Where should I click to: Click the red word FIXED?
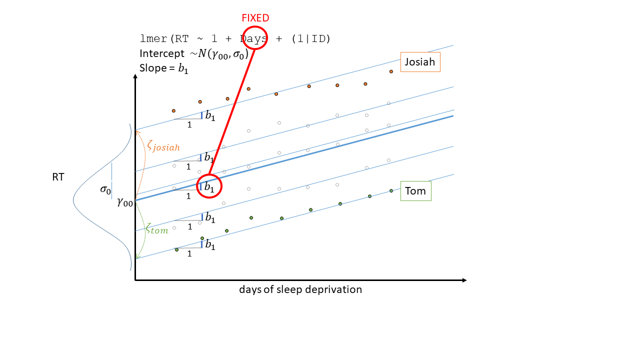255,18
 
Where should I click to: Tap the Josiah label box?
420,62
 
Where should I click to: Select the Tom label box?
415,191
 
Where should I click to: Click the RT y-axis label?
58,177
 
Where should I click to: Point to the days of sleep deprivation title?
300,289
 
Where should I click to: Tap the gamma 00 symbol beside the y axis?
125,202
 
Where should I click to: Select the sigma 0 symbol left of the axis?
105,189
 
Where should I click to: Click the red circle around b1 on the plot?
209,186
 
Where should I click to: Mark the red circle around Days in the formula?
255,38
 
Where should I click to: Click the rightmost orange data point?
391,71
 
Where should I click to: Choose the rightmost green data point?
391,190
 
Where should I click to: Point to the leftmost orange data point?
173,110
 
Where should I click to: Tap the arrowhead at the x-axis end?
464,280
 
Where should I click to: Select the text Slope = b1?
164,68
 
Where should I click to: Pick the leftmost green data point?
176,249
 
